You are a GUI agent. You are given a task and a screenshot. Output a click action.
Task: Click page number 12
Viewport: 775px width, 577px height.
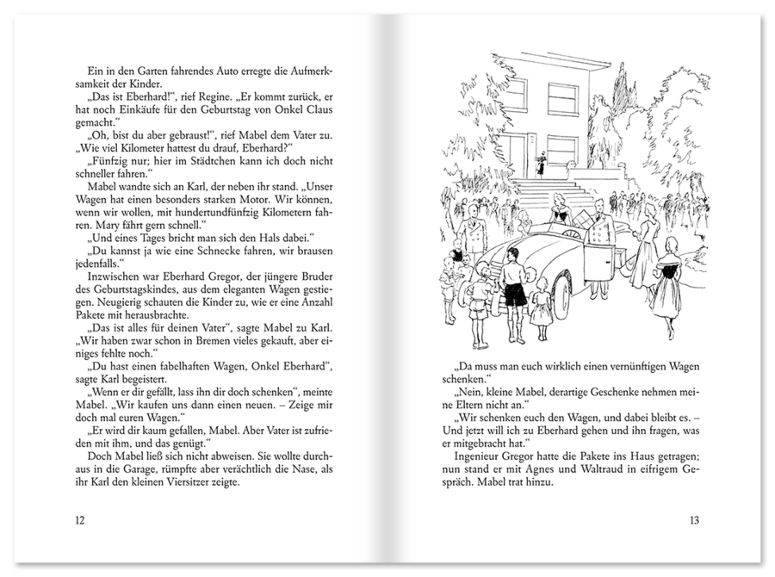[x=79, y=519]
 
